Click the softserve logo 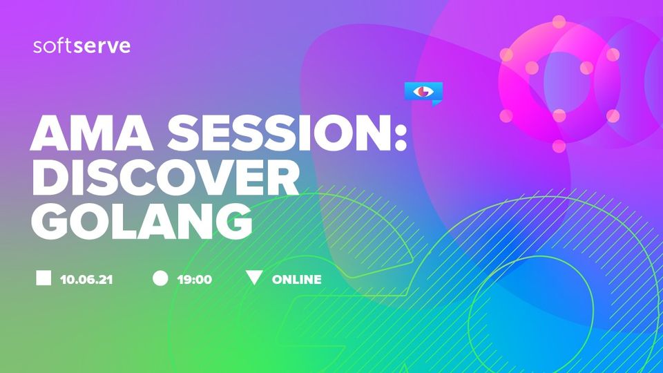pyautogui.click(x=81, y=46)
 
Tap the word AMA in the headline pyautogui.click(x=92, y=133)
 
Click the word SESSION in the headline pyautogui.click(x=278, y=133)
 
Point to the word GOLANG pyautogui.click(x=142, y=221)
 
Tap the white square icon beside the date pyautogui.click(x=44, y=278)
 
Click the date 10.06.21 pyautogui.click(x=87, y=280)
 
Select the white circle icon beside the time pyautogui.click(x=160, y=278)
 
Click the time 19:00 pyautogui.click(x=195, y=280)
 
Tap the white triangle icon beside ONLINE pyautogui.click(x=254, y=278)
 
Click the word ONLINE pyautogui.click(x=297, y=280)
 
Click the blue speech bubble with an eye pyautogui.click(x=423, y=93)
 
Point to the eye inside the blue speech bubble pyautogui.click(x=423, y=91)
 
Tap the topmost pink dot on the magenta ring pyautogui.click(x=559, y=21)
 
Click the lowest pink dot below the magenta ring pyautogui.click(x=559, y=146)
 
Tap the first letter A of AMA pyautogui.click(x=50, y=133)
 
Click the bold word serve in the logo pyautogui.click(x=102, y=46)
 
